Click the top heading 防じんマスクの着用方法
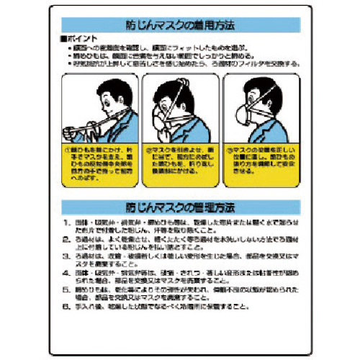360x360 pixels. [179, 25]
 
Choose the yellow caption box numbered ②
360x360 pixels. [179, 166]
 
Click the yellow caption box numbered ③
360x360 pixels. [261, 166]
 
